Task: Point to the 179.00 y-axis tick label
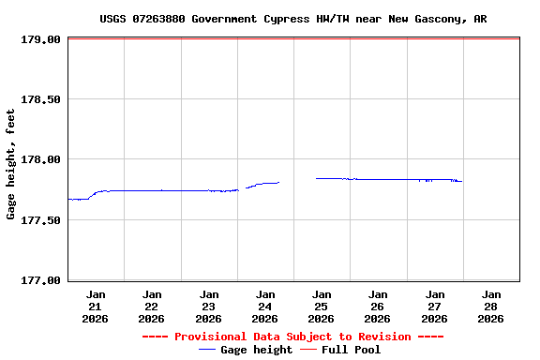pos(40,39)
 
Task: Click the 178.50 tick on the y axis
pos(40,99)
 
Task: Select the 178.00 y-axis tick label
pos(40,159)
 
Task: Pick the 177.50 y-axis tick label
pos(40,219)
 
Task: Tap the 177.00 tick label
pos(40,279)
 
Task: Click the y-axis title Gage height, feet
pos(11,164)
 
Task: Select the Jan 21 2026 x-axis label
pos(96,307)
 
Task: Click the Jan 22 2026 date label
pos(152,307)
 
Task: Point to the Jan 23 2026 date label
pos(208,307)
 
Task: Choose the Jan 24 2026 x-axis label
pos(265,307)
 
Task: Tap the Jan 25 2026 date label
pos(322,307)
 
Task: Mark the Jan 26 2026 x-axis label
pos(378,307)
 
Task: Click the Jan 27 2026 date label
pos(434,307)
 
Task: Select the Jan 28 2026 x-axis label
pos(490,307)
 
